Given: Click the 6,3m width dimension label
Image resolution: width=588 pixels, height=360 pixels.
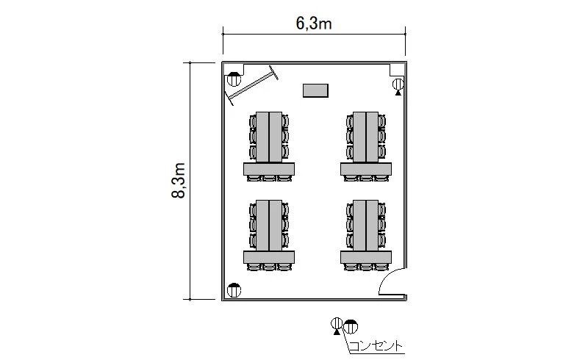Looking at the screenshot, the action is point(314,24).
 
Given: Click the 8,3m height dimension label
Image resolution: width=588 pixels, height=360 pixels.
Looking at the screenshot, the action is point(179,181).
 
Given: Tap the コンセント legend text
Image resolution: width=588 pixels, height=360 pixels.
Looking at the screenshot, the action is point(376,346).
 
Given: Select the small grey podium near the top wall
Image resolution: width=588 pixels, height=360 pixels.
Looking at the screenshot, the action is point(316,91).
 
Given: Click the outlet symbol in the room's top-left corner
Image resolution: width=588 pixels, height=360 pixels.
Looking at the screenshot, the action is point(234,79).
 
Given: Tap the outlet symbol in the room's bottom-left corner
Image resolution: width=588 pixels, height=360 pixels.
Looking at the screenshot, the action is point(234,290).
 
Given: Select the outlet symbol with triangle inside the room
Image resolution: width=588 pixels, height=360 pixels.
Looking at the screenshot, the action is point(398,86).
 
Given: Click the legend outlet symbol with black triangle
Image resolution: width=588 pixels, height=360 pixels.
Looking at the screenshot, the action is point(337,325).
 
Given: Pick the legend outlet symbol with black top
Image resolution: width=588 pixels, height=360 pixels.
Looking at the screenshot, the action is point(351,327).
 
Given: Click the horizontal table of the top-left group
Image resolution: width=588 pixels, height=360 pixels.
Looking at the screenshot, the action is point(269,169).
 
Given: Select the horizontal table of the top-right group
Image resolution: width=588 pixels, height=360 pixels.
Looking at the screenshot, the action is point(366,169).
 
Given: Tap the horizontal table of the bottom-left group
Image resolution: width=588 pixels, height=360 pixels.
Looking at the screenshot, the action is point(269,257).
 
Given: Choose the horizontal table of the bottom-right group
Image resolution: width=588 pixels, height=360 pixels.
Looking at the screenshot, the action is point(366,257).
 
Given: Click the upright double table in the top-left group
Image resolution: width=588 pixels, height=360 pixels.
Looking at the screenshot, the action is point(269,137).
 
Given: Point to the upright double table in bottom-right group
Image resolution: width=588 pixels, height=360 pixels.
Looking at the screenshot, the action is point(365,226).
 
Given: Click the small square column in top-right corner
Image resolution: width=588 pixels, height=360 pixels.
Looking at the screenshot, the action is point(397,70).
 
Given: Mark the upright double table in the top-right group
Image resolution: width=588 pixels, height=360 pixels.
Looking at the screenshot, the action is point(365,137).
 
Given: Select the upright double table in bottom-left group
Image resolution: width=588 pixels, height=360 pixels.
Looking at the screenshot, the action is point(269,226).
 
